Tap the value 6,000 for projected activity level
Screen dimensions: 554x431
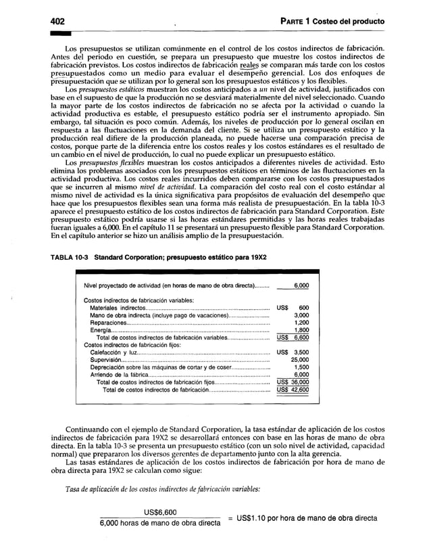(x=300, y=286)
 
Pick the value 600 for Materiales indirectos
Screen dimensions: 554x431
(x=303, y=308)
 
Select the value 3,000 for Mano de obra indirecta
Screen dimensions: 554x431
(x=301, y=315)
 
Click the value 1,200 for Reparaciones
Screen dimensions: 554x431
(x=301, y=323)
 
